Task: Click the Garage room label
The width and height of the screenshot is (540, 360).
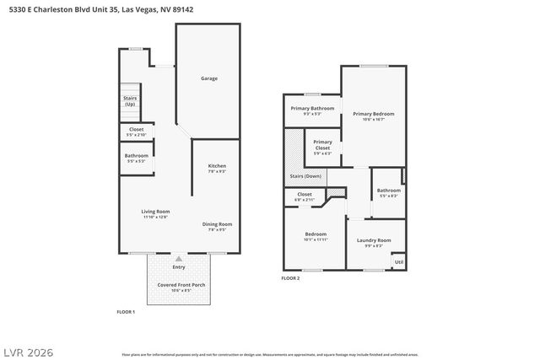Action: click(208, 78)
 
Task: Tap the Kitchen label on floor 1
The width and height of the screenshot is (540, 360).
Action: click(217, 166)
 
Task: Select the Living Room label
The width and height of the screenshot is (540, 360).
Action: click(155, 212)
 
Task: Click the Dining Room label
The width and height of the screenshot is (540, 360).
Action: click(217, 224)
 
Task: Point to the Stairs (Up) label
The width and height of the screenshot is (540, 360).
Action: click(130, 100)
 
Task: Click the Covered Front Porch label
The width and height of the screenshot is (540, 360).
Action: click(181, 285)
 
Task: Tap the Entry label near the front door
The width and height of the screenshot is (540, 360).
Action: click(178, 267)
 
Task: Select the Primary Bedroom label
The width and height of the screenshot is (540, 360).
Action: click(373, 114)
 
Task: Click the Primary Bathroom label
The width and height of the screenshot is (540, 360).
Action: click(312, 109)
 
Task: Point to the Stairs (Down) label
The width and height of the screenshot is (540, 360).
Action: click(305, 176)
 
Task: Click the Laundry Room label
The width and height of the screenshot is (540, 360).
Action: click(374, 241)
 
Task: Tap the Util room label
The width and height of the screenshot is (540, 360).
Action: click(398, 261)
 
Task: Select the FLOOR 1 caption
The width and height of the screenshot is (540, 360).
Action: click(126, 311)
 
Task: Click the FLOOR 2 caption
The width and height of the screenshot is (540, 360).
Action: click(290, 277)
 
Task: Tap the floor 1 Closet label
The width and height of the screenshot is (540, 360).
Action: click(135, 130)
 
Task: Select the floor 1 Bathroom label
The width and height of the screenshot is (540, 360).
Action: click(136, 156)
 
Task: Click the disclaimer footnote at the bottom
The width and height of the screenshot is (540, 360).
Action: click(270, 355)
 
